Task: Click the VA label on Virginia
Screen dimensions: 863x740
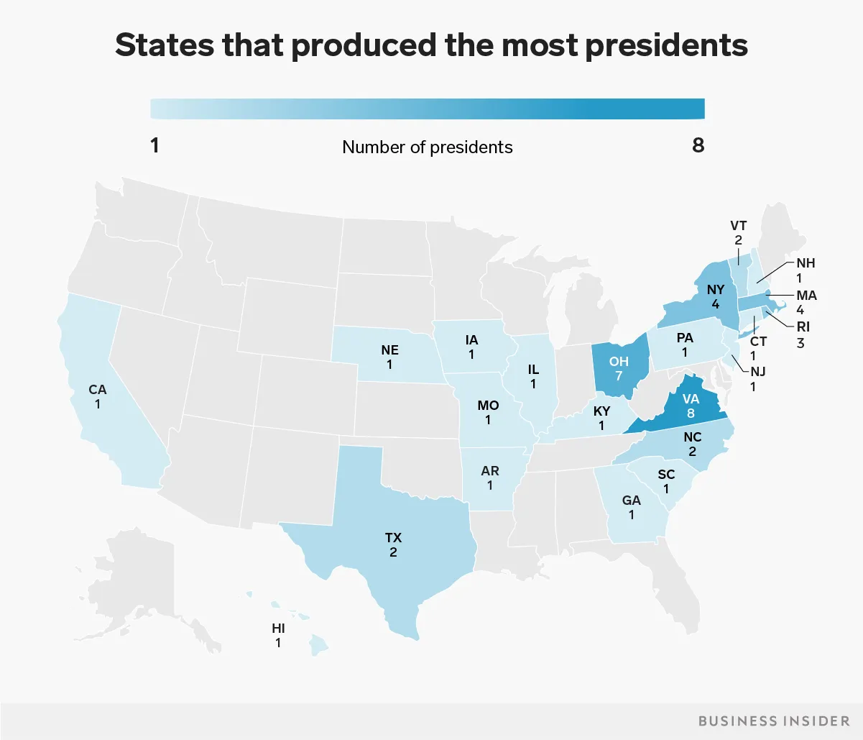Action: (691, 398)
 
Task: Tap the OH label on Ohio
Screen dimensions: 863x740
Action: (619, 362)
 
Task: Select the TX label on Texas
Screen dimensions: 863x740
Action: (393, 537)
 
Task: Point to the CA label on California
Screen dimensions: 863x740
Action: (97, 390)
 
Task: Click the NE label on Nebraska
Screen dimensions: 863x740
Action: (389, 350)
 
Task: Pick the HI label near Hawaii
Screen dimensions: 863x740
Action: (279, 628)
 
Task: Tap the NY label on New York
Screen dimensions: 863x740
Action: (716, 290)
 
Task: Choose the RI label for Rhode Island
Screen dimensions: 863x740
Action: (803, 326)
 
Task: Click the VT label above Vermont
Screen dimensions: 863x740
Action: (738, 226)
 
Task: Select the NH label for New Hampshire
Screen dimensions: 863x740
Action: (806, 262)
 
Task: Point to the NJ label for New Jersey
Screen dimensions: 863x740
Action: (758, 372)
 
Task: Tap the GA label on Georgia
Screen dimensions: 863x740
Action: (632, 500)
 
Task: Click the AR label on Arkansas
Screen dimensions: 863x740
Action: (490, 471)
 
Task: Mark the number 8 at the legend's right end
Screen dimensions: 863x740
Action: (698, 145)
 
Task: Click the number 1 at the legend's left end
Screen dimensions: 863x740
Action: (155, 145)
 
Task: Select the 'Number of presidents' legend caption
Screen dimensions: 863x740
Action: (427, 147)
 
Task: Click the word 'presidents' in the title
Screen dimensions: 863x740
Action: (666, 45)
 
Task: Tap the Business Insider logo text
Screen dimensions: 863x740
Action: (774, 721)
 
